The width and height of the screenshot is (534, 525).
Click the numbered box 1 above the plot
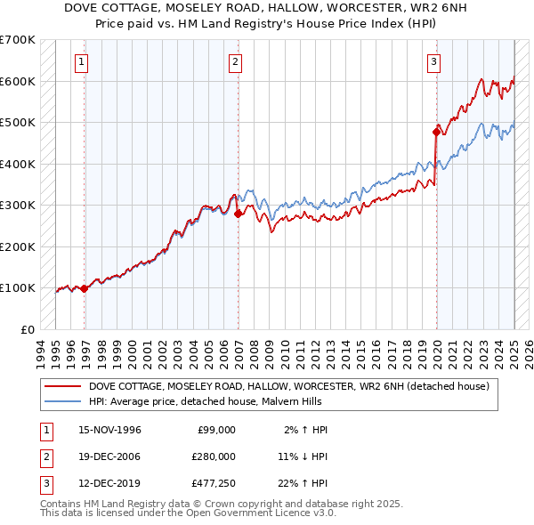[x=81, y=62]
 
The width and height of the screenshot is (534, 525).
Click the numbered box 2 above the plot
[x=235, y=62]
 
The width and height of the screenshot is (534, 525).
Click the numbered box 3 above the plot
[x=433, y=62]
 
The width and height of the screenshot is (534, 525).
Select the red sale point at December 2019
[x=437, y=132]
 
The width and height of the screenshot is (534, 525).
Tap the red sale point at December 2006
[x=239, y=214]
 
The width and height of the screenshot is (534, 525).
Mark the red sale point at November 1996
[x=85, y=288]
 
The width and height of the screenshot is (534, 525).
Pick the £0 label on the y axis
[x=28, y=329]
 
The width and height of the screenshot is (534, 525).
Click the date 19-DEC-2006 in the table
[x=110, y=456]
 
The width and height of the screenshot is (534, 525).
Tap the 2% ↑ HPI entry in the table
[x=305, y=430]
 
